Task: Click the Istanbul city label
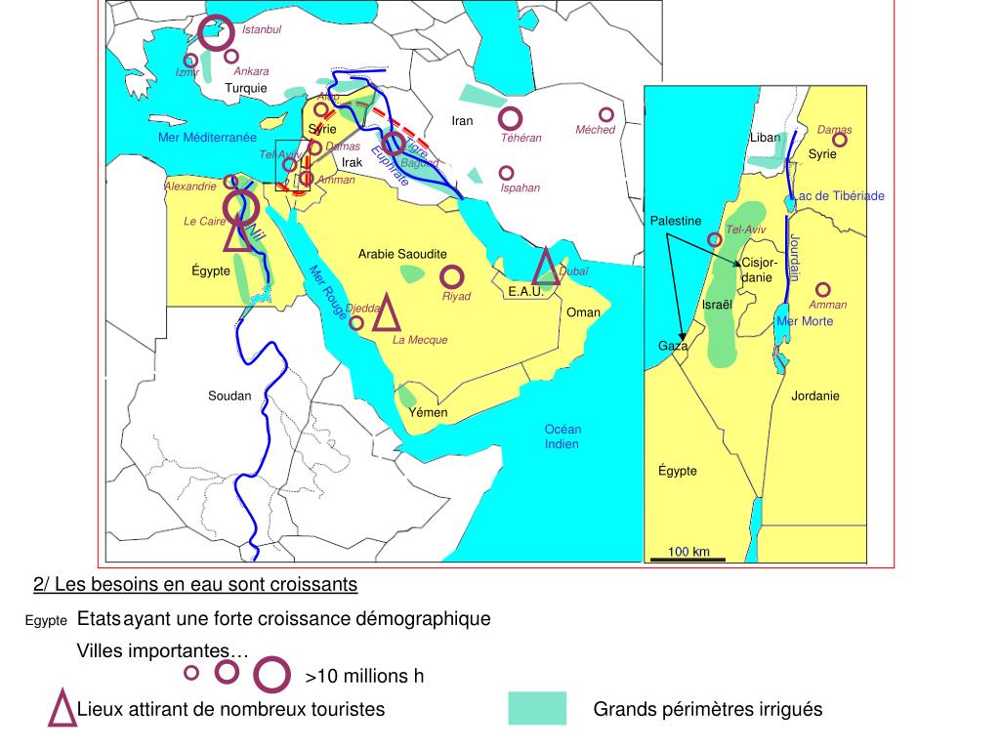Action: tap(262, 30)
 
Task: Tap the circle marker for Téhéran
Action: tap(510, 119)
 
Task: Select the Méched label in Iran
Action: tap(595, 130)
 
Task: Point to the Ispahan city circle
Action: tap(506, 173)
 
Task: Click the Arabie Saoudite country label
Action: tap(402, 254)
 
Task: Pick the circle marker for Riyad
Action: tap(451, 277)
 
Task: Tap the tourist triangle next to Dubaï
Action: tap(546, 266)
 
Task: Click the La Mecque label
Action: tap(420, 340)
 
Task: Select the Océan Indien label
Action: tap(562, 437)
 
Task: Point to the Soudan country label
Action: tap(229, 396)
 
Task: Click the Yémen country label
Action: tap(428, 412)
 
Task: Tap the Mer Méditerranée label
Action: tap(207, 138)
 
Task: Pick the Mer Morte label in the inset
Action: tap(805, 321)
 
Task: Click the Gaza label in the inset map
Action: tap(673, 346)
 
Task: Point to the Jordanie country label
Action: tap(815, 396)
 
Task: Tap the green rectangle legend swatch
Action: tap(537, 709)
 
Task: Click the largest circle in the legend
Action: tap(272, 674)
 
